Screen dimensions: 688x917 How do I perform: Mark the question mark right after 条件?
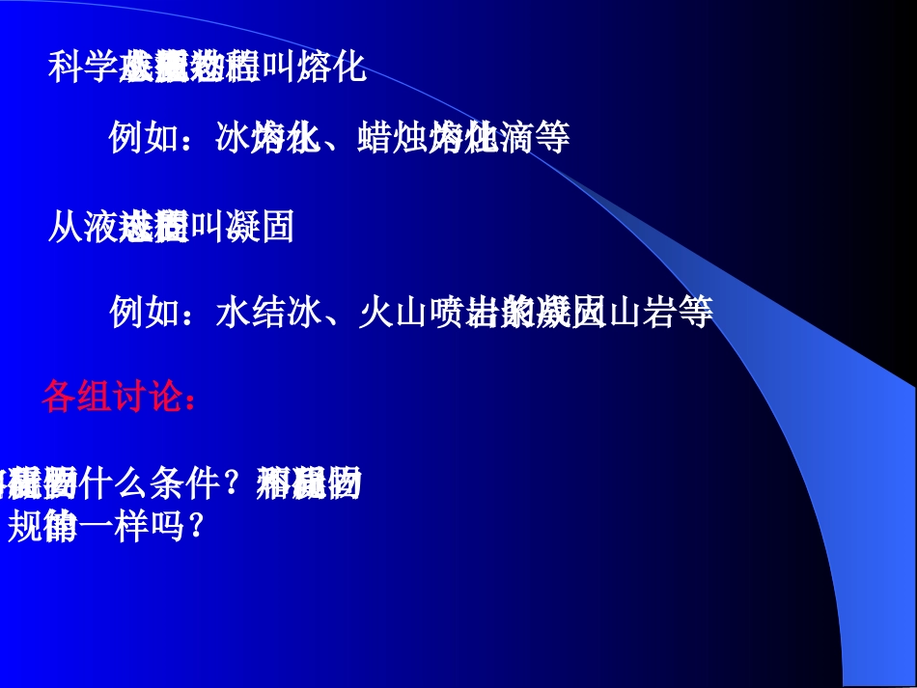[238, 483]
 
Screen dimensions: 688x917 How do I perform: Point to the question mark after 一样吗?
[195, 526]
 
